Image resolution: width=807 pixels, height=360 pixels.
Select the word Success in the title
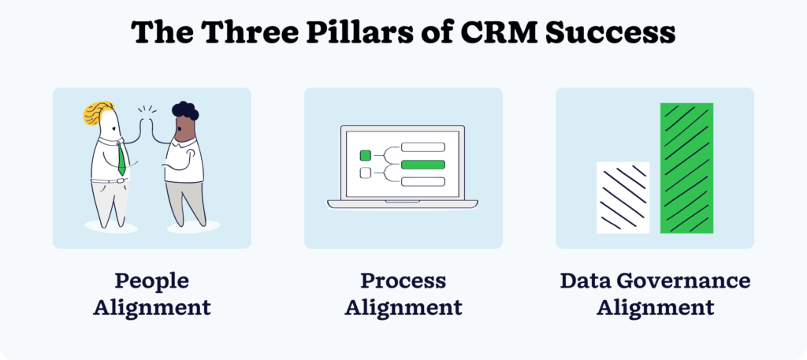point(616,33)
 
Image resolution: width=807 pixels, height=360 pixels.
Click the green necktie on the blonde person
point(121,159)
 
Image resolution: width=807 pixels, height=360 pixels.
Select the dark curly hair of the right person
point(186,110)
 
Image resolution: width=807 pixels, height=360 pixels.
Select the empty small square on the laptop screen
point(365,173)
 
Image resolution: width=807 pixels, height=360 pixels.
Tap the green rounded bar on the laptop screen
point(423,165)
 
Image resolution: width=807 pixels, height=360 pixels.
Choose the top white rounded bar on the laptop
point(423,147)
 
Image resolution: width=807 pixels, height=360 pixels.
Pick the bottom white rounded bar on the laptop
point(423,182)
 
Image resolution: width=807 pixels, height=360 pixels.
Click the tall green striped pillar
point(686,168)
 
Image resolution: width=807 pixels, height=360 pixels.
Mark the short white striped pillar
point(623,197)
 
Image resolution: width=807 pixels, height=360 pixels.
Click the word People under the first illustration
point(151,281)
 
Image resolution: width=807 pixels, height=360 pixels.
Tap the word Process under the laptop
point(403,281)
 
